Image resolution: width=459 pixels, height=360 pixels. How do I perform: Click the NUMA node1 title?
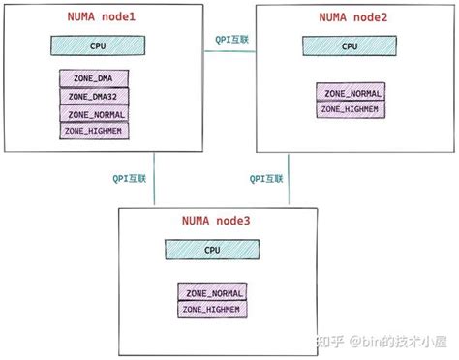[102, 19]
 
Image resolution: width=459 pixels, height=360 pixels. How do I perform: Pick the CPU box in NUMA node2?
[350, 45]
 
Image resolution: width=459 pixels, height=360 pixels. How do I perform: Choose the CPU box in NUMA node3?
[212, 250]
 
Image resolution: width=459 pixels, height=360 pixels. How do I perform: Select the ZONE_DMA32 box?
[94, 96]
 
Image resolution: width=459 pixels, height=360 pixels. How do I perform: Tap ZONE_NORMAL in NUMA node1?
[94, 112]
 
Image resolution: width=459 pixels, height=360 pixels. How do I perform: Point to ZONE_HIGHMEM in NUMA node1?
[94, 129]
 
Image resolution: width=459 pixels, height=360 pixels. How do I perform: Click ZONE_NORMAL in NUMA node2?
[350, 93]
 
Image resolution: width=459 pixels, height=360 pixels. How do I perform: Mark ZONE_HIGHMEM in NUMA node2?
[350, 109]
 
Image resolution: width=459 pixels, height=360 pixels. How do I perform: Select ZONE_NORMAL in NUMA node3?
[212, 292]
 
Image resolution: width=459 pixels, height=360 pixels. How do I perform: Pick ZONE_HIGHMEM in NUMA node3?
[212, 309]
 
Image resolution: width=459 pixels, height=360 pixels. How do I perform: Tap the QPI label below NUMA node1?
[129, 178]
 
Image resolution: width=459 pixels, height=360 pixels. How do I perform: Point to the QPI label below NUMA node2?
[266, 178]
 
